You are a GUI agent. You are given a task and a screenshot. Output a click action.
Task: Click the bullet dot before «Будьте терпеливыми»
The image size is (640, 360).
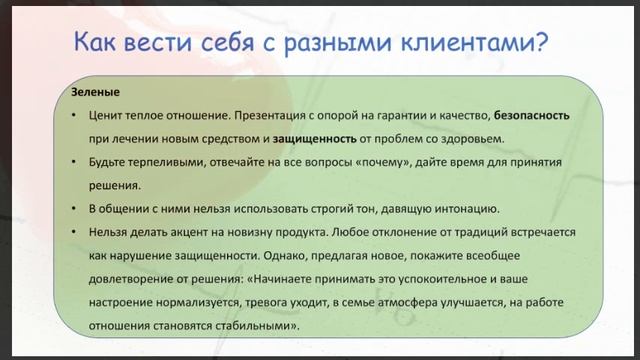76,161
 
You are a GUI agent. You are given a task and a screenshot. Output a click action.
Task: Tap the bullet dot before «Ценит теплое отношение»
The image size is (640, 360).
76,115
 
